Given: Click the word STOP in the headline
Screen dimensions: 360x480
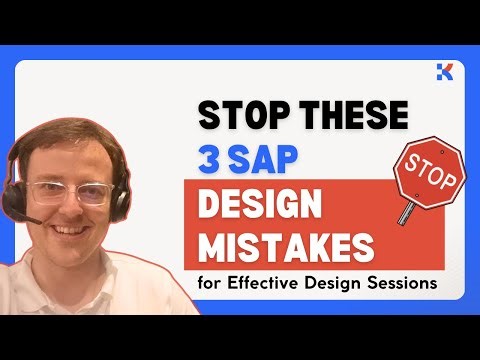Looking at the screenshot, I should (238, 117).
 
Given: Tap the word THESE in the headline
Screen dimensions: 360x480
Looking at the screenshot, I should (346, 117).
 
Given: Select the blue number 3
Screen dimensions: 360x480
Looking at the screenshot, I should (210, 158).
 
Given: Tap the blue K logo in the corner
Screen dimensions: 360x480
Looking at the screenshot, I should (446, 70).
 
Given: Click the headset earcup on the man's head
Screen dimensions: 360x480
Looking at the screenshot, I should (116, 195).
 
